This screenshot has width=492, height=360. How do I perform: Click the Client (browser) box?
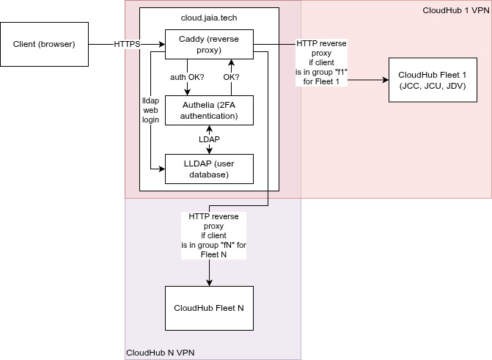coord(44,44)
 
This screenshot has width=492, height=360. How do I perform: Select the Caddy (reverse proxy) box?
coord(209,44)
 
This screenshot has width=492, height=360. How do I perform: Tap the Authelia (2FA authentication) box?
coord(209,110)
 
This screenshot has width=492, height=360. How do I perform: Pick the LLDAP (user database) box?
coord(209,169)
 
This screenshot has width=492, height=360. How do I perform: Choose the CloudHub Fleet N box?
coord(209,308)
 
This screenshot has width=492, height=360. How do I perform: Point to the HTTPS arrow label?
coord(127,45)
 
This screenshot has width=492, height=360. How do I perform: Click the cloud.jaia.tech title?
coord(209,17)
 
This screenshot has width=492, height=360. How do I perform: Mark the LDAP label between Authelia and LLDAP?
coord(210,139)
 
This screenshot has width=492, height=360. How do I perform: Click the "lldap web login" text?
coord(151,109)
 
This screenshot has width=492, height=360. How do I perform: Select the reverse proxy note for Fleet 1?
coord(321,62)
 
